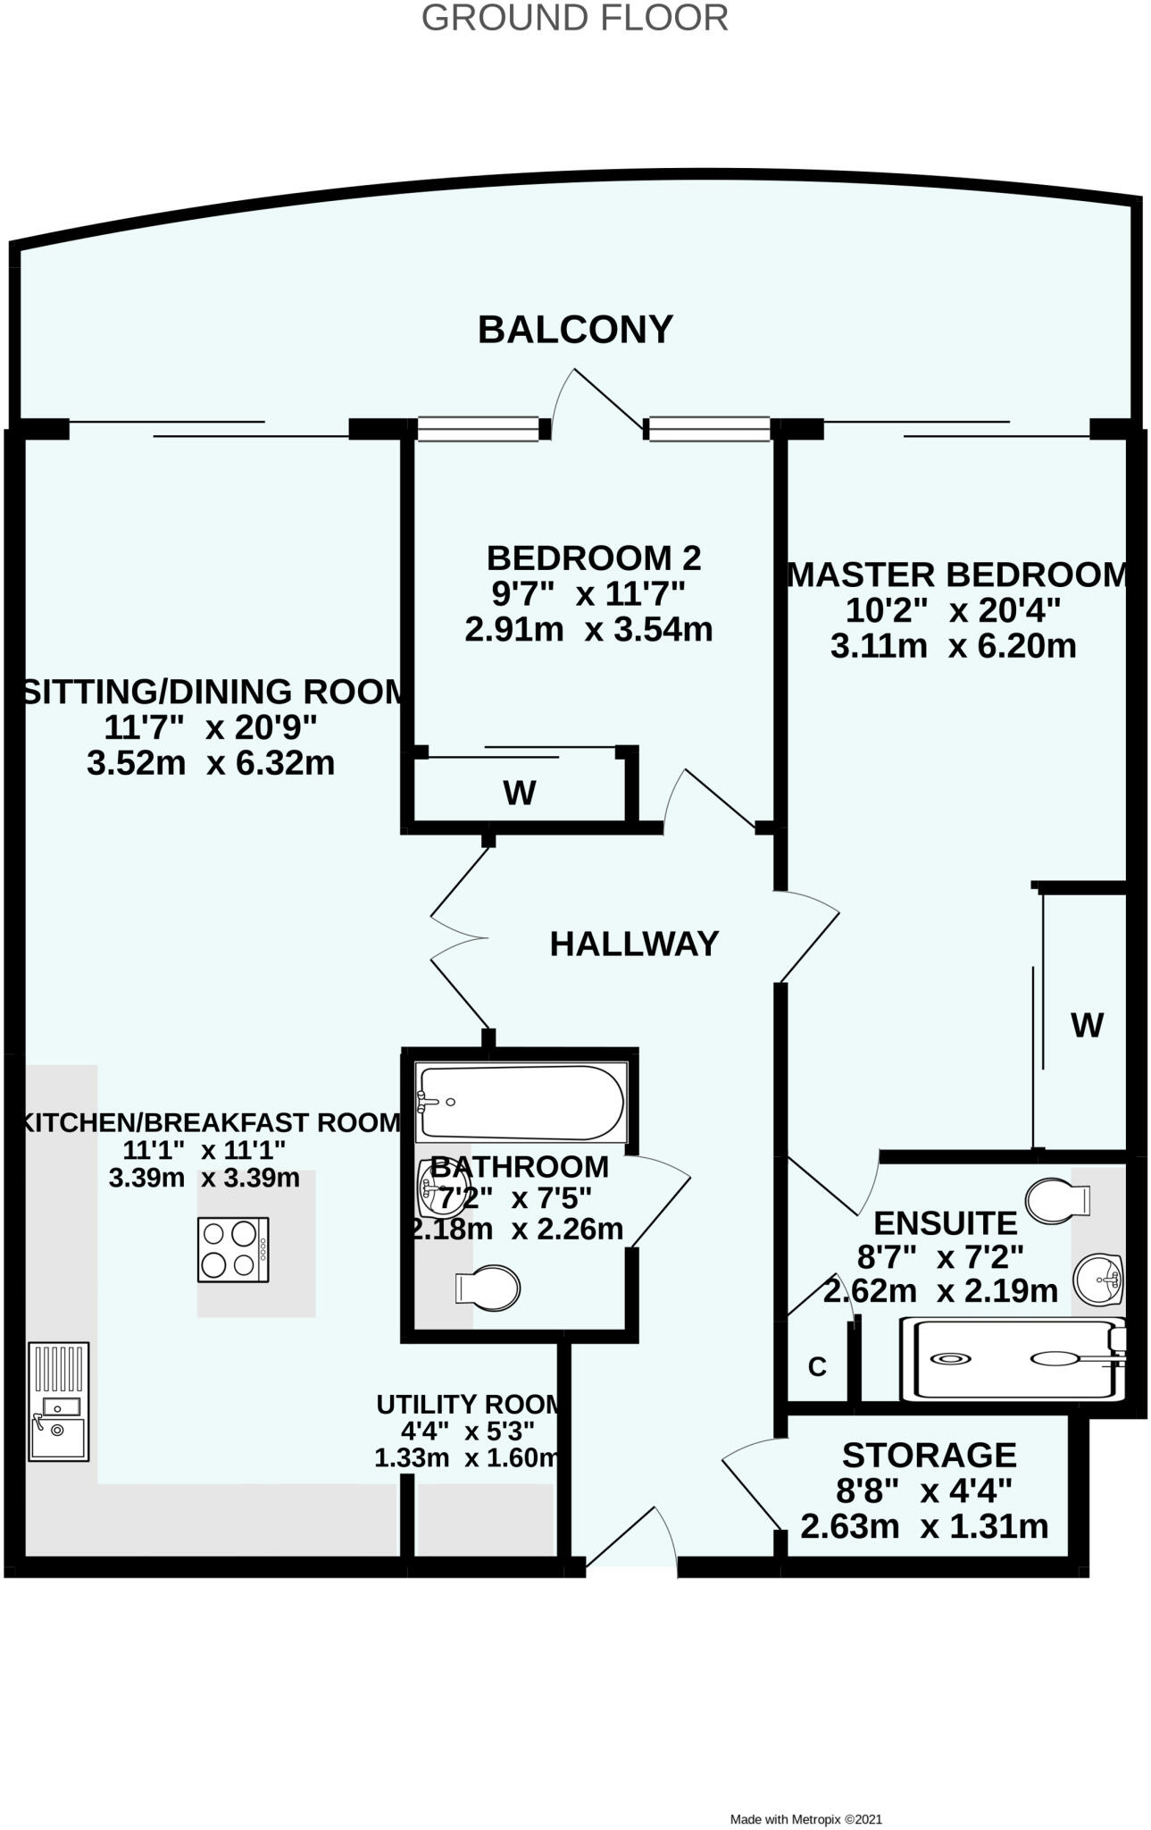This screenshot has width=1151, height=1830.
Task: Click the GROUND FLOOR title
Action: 574,18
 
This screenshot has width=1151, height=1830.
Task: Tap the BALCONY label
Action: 574,330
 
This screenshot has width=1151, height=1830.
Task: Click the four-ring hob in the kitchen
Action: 233,1250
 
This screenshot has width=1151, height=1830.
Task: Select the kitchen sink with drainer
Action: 58,1401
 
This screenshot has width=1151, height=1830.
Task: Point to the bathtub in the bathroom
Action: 521,1102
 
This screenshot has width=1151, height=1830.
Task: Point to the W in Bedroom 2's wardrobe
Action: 520,793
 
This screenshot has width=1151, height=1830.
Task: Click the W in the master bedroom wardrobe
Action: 1087,1025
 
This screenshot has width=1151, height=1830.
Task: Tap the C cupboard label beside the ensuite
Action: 817,1366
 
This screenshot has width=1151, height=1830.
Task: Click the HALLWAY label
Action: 634,944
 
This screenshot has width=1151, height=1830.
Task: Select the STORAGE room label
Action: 929,1455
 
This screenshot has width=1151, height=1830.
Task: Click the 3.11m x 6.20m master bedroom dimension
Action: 953,645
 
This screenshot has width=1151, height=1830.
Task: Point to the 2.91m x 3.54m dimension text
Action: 588,629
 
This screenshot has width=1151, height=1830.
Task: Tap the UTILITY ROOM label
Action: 469,1405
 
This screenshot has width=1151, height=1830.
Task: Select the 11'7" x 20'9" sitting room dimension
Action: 211,727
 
